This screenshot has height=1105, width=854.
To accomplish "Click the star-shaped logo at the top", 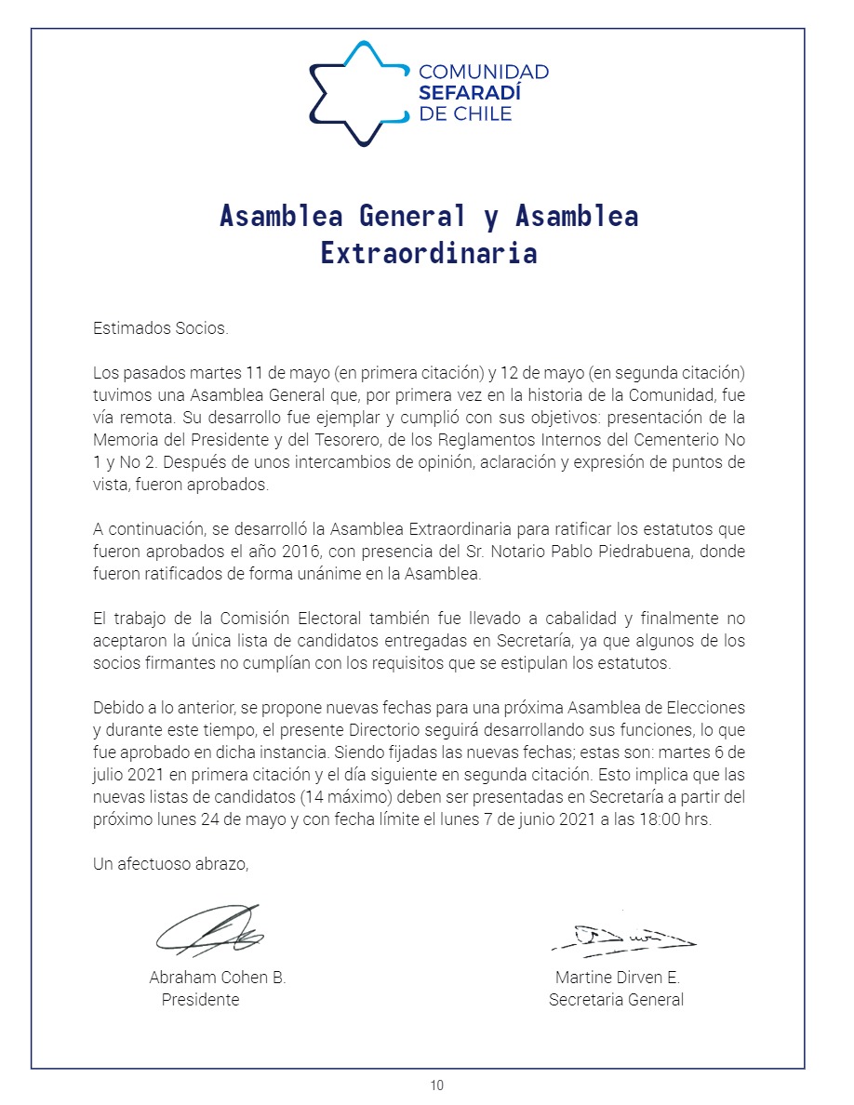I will [358, 93].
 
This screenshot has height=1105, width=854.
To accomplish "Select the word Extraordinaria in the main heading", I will [428, 253].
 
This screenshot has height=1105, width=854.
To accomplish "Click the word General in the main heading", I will [412, 216].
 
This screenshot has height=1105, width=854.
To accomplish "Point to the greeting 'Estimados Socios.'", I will [160, 328].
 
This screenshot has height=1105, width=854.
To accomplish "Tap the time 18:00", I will [660, 819].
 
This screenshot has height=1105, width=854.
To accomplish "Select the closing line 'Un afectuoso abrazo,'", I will [171, 864].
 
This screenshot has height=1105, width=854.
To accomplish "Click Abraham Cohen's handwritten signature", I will [210, 929].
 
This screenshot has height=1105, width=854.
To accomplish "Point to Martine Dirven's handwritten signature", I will [622, 936].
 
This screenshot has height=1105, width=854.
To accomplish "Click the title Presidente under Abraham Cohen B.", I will [200, 1000].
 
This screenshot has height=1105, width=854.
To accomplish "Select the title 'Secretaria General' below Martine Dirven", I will [616, 1000].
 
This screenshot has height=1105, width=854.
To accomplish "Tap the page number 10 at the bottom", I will [437, 1085].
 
